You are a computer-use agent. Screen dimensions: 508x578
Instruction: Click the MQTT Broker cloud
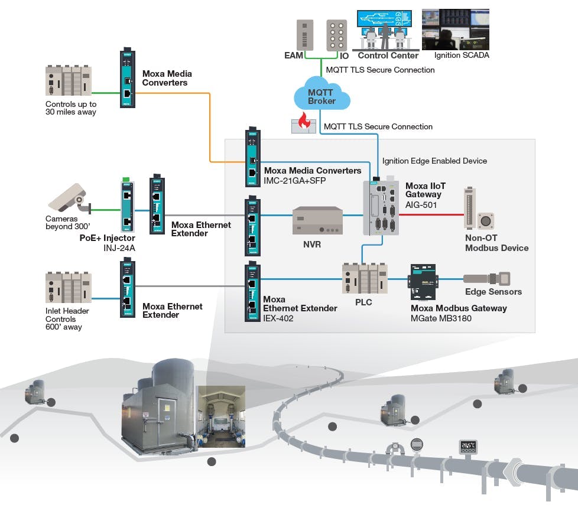point(322,97)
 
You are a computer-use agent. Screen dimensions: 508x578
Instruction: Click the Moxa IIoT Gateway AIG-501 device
point(382,207)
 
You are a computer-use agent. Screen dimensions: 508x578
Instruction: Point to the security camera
point(69,197)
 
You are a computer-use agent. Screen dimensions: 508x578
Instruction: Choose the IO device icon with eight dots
point(337,35)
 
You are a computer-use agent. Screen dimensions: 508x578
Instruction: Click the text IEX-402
point(277,317)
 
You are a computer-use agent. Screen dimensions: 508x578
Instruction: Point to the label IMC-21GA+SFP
point(295,180)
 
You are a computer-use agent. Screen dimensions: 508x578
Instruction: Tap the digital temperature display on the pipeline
point(469,448)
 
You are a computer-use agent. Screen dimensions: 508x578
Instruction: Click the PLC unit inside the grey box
point(364,278)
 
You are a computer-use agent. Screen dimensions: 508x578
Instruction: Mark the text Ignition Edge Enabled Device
point(434,160)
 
